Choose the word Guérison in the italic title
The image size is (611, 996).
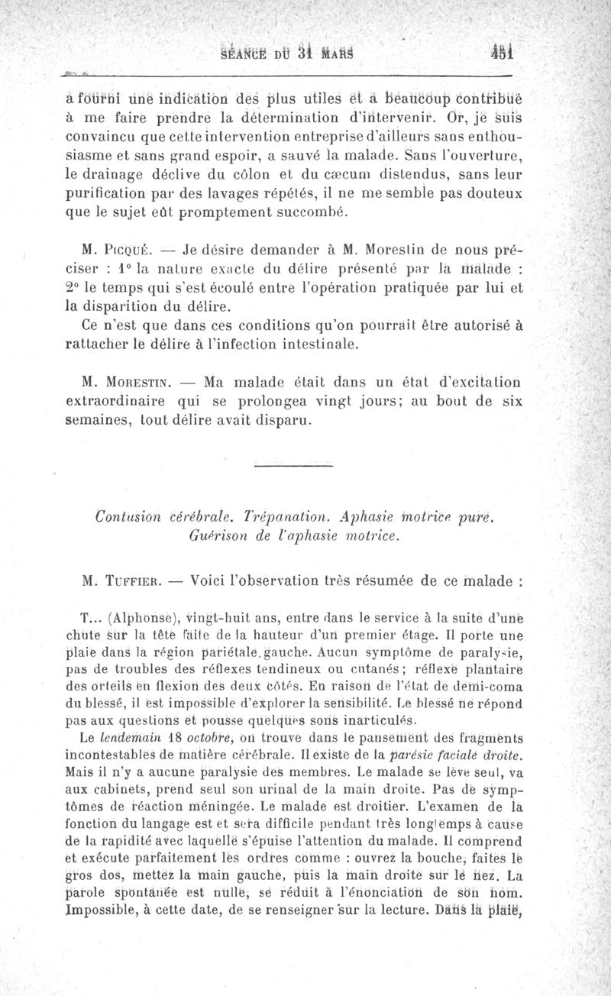coord(214,537)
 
